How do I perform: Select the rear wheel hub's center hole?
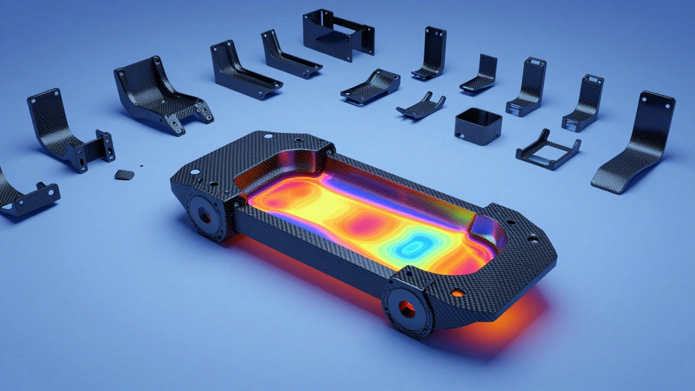(206, 216)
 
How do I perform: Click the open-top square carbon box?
(478, 126)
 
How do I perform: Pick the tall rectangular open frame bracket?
(338, 34)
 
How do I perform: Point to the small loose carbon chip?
(124, 174)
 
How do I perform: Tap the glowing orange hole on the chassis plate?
(458, 294)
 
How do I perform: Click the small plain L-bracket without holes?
(481, 73)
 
